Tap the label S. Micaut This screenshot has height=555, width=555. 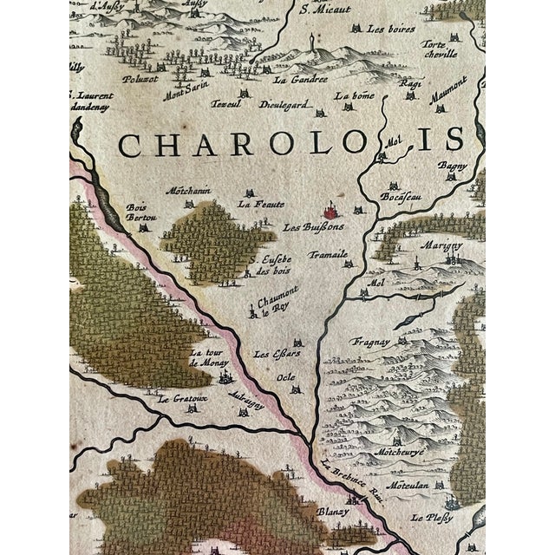pyautogui.click(x=317, y=10)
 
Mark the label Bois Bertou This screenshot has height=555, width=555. pyautogui.click(x=138, y=212)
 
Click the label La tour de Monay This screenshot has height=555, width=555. pyautogui.click(x=208, y=358)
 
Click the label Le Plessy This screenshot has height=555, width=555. pyautogui.click(x=431, y=519)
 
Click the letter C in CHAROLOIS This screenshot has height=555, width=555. pyautogui.click(x=131, y=145)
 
